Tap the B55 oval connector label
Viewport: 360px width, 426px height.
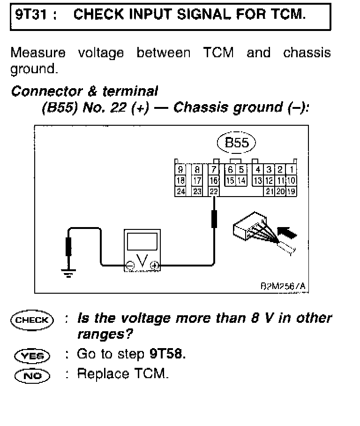pos(237,143)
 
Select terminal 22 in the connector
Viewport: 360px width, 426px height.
pos(214,191)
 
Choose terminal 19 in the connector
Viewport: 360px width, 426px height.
pos(292,191)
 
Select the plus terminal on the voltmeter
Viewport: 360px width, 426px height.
pos(155,266)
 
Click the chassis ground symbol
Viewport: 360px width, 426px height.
pos(69,273)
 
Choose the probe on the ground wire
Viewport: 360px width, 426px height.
pos(69,246)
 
